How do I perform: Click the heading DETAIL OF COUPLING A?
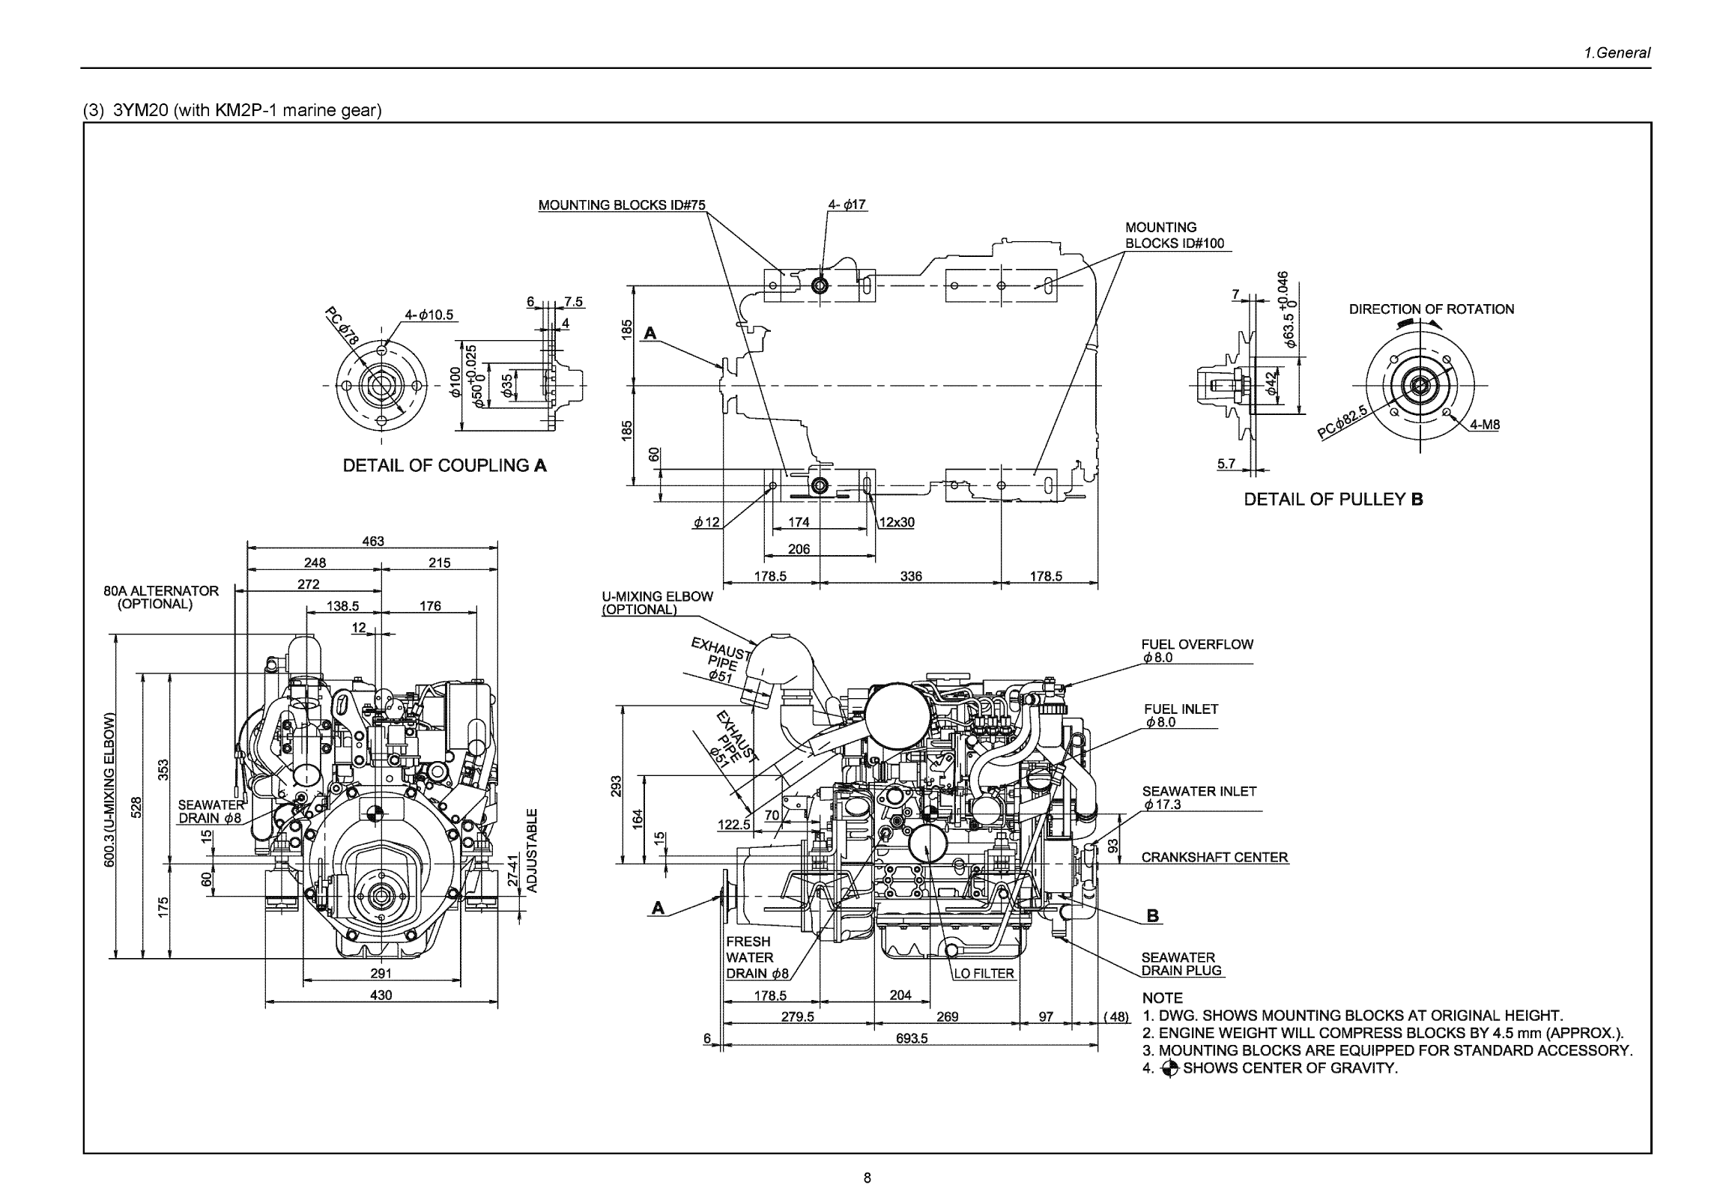444,466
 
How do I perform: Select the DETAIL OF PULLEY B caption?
1333,500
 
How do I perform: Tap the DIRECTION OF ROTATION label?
1430,309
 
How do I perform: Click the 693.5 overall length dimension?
912,1039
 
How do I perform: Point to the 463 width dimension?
373,541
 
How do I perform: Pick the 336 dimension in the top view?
911,576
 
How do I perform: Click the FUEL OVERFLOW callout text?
1196,644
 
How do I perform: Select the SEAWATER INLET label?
1199,791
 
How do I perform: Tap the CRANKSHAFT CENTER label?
1214,857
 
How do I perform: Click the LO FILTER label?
984,974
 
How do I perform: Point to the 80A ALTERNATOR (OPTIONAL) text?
160,597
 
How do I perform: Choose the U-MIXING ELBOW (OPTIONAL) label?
657,602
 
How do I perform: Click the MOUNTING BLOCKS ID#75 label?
621,204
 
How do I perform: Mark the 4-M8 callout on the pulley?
1485,425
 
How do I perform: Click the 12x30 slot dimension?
897,522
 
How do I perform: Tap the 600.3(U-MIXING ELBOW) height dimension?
110,790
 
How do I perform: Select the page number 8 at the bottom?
867,1178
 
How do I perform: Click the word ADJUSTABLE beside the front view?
532,850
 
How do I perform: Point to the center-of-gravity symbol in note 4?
1169,1069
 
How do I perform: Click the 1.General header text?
1617,52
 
